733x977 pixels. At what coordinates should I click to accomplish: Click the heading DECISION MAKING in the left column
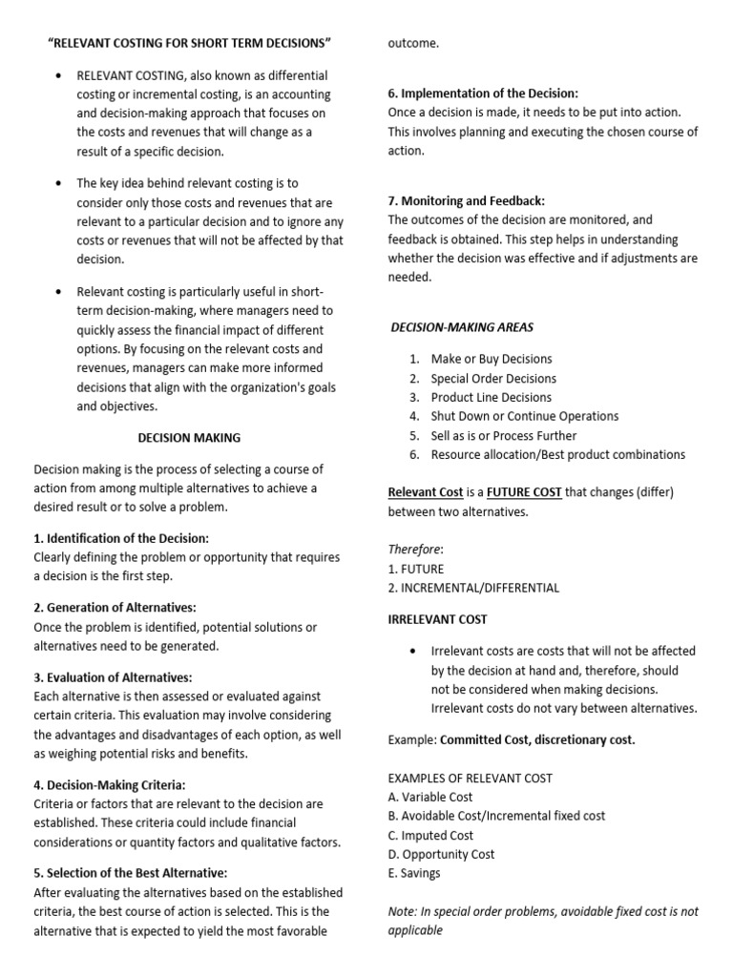coord(189,438)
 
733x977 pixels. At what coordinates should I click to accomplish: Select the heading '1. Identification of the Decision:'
coord(121,538)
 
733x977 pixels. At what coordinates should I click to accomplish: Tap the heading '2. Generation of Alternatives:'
coord(115,607)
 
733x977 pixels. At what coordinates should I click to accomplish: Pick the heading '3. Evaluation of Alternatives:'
coord(113,676)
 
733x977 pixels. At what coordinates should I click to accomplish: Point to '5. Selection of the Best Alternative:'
coord(131,872)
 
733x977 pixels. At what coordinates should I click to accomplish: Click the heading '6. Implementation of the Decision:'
coord(483,94)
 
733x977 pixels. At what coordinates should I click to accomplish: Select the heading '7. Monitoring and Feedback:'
coord(466,200)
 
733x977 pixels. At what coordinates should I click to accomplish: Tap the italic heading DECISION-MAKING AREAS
coord(463,327)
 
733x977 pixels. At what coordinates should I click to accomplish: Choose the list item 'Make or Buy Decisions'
coord(492,359)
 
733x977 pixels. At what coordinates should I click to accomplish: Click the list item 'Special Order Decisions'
coord(493,378)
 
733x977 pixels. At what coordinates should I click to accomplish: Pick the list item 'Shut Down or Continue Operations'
coord(524,416)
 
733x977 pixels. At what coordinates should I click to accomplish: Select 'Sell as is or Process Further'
coord(503,435)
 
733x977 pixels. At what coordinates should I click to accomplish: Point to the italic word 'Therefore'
coord(414,549)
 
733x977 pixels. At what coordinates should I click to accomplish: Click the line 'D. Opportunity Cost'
coord(441,854)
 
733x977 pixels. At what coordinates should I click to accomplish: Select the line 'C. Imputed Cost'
coord(430,835)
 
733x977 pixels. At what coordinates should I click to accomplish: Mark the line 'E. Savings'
coord(414,873)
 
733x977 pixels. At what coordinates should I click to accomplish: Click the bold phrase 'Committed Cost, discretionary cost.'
coord(537,739)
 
